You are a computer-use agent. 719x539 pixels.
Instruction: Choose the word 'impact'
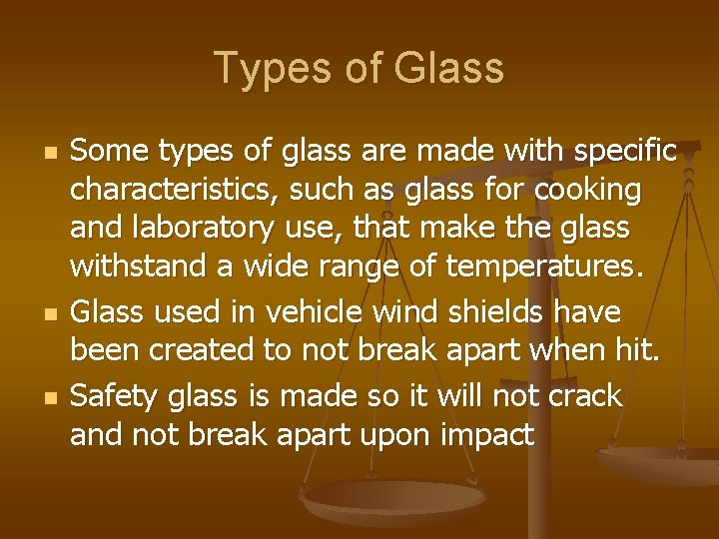tap(487, 437)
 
